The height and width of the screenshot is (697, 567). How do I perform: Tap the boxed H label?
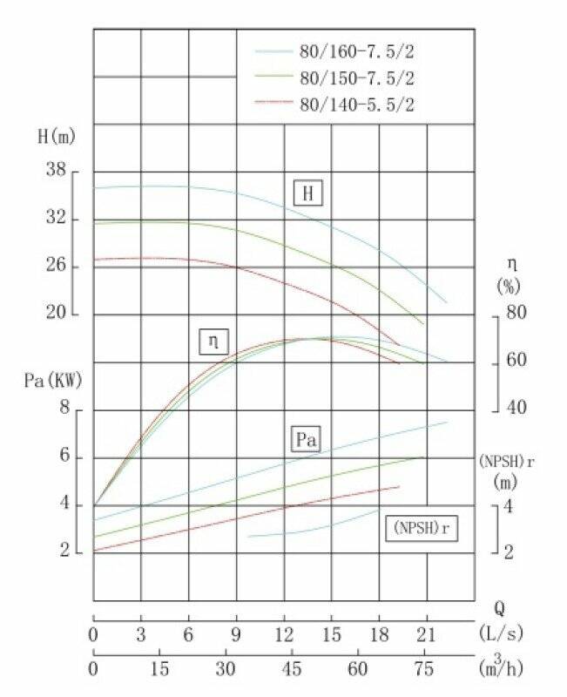(x=307, y=193)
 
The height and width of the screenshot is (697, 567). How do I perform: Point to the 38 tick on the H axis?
(x=57, y=171)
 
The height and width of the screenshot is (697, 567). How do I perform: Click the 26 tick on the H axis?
(x=57, y=266)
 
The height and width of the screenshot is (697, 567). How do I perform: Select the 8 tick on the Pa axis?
(x=62, y=409)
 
